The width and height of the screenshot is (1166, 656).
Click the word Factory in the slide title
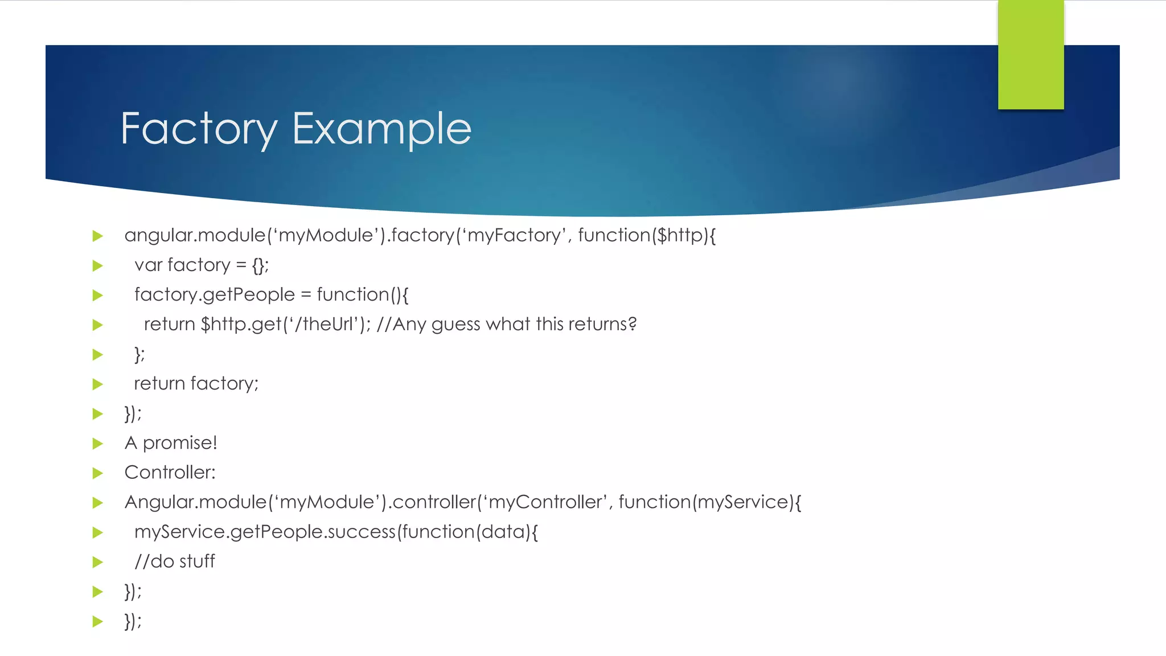pos(199,129)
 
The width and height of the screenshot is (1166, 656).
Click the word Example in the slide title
pos(381,129)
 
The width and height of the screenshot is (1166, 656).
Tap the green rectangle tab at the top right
pos(1030,55)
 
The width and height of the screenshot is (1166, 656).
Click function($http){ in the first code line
pos(647,235)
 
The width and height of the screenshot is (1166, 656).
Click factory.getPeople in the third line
pos(214,295)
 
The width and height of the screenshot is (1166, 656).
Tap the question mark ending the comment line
pos(632,324)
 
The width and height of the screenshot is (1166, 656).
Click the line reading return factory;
pos(196,384)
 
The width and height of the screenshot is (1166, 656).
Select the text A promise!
pos(171,443)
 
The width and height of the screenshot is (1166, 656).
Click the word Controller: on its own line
pos(170,473)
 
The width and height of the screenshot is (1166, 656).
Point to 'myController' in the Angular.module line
pos(544,502)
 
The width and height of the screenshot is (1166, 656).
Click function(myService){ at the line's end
pos(709,502)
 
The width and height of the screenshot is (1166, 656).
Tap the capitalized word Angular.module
pos(195,502)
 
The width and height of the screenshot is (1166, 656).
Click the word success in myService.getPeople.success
pos(361,532)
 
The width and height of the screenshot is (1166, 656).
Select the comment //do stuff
pos(174,561)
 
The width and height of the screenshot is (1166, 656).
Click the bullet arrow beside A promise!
pos(98,444)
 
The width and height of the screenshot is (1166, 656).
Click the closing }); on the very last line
pos(133,621)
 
